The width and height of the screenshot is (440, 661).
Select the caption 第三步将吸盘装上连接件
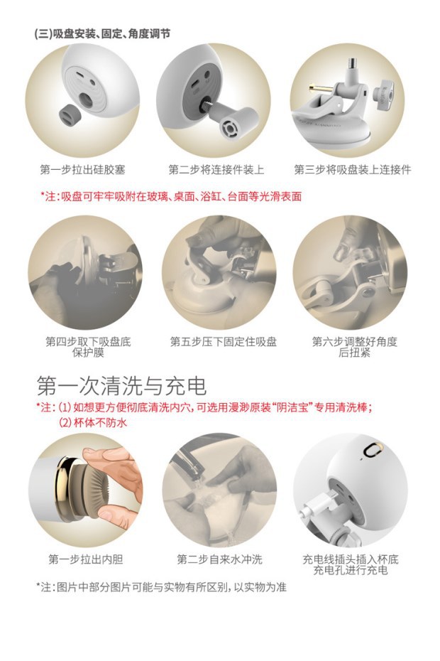(352, 170)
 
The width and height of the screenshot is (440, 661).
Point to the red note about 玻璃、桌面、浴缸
(170, 195)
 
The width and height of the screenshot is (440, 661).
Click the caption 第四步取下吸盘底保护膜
(88, 347)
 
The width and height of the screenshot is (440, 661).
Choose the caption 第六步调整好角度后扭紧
(355, 347)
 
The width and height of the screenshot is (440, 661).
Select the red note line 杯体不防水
(92, 422)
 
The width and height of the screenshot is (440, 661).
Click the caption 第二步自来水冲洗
(219, 559)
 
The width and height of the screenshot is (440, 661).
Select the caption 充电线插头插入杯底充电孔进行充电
(355, 564)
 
